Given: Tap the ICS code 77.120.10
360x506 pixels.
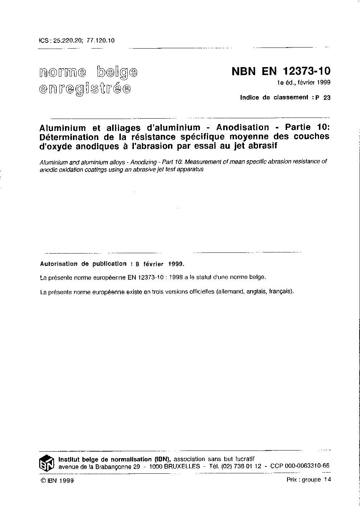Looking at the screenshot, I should (101, 41).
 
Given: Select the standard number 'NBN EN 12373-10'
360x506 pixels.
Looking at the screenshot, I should (281, 71).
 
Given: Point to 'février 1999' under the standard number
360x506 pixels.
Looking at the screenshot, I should (314, 83).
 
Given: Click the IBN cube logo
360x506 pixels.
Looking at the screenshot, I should (47, 463).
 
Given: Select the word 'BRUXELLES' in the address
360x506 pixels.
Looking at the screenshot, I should (182, 466).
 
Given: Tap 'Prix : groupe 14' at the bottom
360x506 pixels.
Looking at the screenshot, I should (308, 480).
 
